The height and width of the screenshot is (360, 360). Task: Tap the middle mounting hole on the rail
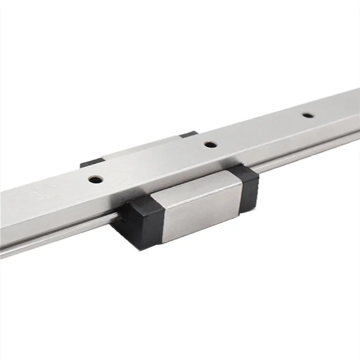tap(209, 145)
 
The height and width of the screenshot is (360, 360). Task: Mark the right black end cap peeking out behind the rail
tap(188, 134)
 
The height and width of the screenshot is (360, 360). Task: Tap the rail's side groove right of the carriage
tap(310, 150)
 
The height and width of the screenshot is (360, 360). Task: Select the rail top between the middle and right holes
tap(258, 130)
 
